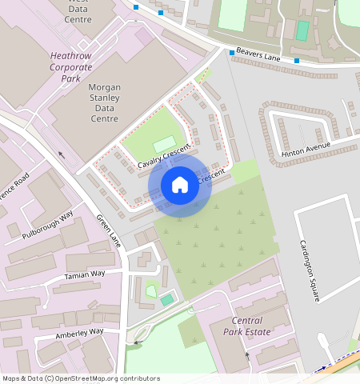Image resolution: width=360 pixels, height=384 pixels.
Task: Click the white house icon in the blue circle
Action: [x=180, y=186]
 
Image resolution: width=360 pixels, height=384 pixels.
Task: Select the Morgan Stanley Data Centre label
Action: [x=104, y=102]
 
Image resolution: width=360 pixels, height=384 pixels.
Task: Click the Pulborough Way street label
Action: [x=48, y=225]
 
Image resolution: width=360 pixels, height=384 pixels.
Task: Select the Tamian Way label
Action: [x=84, y=274]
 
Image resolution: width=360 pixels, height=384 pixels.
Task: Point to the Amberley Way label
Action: [x=79, y=332]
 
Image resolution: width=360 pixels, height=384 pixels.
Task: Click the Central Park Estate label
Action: [x=246, y=326]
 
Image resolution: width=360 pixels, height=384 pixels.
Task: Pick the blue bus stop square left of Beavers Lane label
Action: [x=232, y=53]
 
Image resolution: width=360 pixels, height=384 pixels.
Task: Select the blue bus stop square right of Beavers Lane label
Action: [x=296, y=61]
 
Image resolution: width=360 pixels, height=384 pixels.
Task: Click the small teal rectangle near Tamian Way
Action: [x=166, y=299]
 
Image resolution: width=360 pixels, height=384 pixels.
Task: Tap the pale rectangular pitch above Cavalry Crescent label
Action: [x=164, y=142]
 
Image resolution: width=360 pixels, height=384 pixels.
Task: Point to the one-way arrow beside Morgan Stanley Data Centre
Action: [x=62, y=154]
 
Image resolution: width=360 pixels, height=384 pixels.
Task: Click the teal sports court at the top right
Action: [x=302, y=30]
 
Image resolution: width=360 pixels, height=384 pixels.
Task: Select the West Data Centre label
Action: [x=78, y=11]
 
